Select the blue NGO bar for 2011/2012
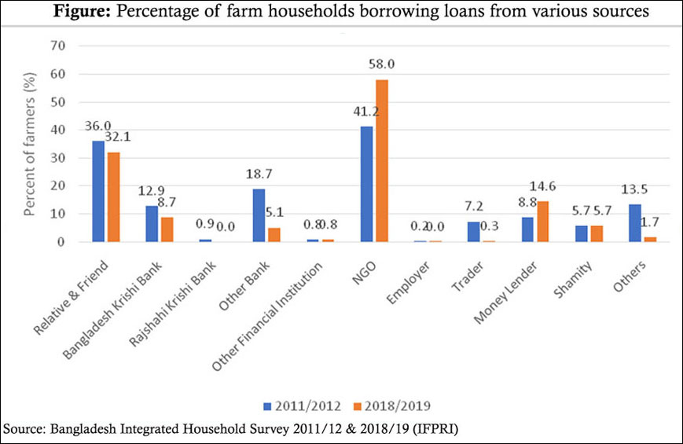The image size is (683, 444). pos(367,184)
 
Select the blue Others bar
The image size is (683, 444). pos(635,223)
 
